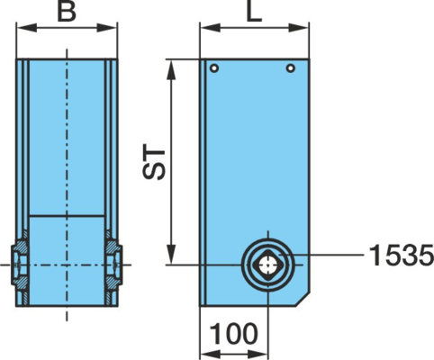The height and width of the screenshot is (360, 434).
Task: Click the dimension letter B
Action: click(x=67, y=13)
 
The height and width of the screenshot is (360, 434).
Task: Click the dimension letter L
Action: click(x=254, y=13)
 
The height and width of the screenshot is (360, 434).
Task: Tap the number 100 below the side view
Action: click(x=234, y=334)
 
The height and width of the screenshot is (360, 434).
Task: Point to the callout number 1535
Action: click(x=402, y=255)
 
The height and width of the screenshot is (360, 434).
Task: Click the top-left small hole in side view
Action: click(x=214, y=68)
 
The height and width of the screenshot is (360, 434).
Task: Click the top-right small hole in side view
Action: click(x=290, y=68)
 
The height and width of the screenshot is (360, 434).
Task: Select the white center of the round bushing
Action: click(x=268, y=265)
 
